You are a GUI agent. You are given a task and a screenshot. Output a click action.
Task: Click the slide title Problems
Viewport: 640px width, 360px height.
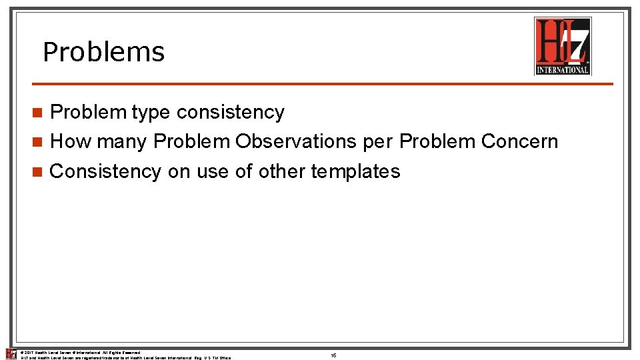[103, 52]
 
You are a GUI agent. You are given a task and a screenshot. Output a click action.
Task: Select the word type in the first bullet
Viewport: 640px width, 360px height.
[151, 113]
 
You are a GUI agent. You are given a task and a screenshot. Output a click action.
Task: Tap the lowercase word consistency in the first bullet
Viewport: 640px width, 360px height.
[230, 113]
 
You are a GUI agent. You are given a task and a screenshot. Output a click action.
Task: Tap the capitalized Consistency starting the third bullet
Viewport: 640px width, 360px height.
[105, 171]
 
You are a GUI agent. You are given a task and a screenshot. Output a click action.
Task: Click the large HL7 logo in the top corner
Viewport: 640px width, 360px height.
[563, 45]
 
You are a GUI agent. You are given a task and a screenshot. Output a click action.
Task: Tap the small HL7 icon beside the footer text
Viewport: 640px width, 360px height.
[11, 354]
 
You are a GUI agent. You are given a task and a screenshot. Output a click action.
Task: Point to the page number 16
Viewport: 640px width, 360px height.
[333, 356]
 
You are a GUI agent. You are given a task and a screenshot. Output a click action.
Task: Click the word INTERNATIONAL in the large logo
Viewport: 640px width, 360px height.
[563, 69]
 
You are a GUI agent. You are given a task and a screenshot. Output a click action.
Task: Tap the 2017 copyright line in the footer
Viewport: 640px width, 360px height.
[80, 352]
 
